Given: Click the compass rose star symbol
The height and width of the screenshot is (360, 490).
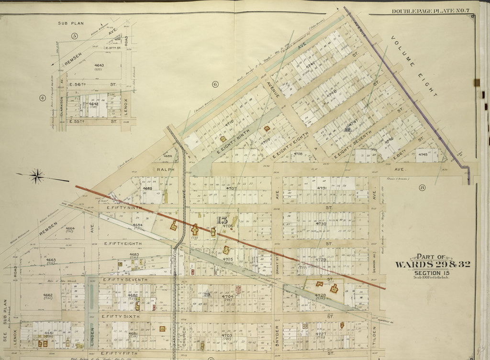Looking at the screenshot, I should [37, 177].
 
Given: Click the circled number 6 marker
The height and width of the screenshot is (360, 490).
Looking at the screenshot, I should [215, 84].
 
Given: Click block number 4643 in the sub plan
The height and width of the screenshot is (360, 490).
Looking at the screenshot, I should [99, 65].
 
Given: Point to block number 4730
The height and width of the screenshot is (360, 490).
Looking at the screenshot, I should [321, 224].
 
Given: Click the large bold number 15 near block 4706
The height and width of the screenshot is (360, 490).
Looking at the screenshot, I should [222, 220].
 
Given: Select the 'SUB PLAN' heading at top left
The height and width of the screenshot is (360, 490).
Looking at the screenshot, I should [70, 22].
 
